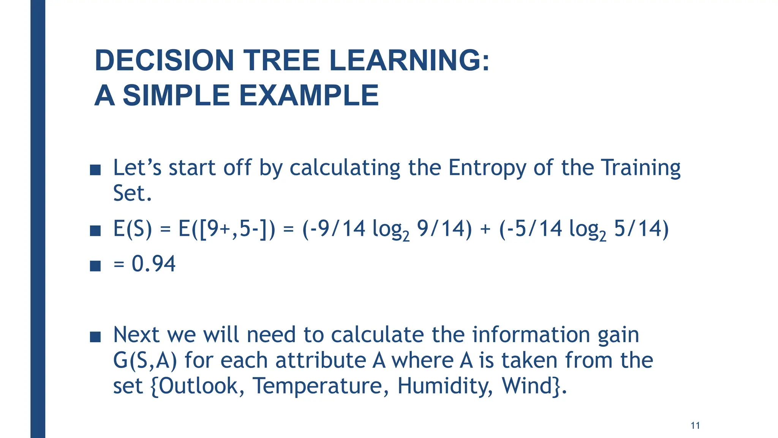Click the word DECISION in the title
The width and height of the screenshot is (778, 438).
(x=164, y=60)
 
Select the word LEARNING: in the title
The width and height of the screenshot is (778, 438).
(x=410, y=60)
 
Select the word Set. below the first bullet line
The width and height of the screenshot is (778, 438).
(x=132, y=194)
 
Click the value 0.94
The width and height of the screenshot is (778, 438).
(x=153, y=264)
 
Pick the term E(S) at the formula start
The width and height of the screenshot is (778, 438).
(x=132, y=229)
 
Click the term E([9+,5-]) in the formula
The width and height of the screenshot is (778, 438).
(x=226, y=229)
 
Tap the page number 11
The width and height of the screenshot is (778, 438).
(x=695, y=425)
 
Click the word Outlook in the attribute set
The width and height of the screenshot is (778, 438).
(x=198, y=386)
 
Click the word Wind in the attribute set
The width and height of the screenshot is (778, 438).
(x=527, y=386)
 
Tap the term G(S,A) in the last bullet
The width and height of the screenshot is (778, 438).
(x=145, y=361)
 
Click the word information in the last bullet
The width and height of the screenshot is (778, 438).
(x=531, y=335)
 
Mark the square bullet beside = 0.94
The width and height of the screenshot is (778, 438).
(x=95, y=266)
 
